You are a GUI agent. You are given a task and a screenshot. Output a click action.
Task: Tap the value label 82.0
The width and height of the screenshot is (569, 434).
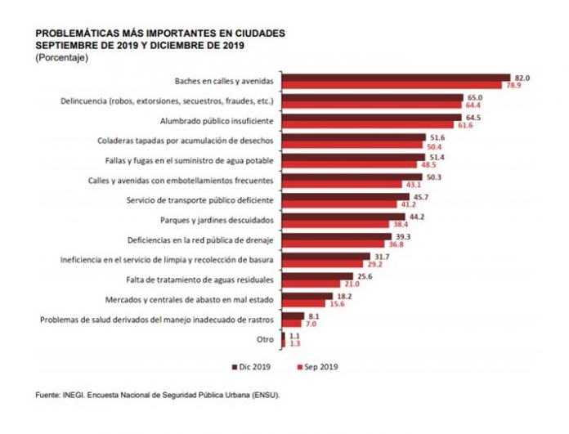click(522, 78)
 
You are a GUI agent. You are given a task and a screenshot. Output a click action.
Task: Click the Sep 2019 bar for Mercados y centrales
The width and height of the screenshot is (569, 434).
click(305, 303)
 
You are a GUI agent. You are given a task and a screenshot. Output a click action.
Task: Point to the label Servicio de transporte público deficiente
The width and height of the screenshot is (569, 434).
click(205, 199)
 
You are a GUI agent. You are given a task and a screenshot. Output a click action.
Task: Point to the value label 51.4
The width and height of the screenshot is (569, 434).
click(439, 156)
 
